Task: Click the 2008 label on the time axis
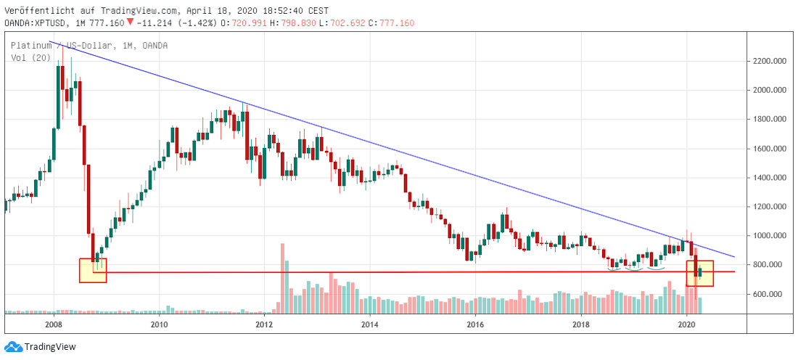click(53, 324)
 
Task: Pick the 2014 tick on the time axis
click(370, 324)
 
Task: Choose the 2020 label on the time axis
click(687, 324)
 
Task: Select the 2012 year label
click(264, 324)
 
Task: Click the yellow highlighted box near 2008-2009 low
click(93, 270)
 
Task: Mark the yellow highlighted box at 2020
click(699, 273)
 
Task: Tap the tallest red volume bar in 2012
click(282, 278)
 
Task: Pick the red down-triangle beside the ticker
click(130, 22)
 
